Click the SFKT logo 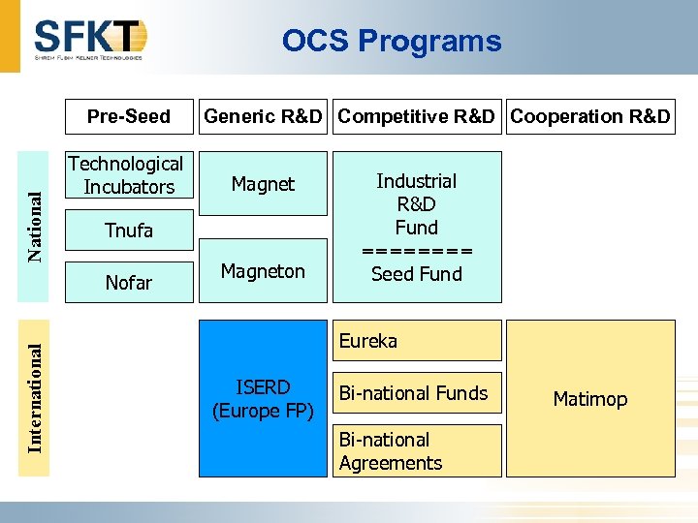click(x=89, y=39)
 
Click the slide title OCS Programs click(x=392, y=41)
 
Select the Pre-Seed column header click(x=128, y=116)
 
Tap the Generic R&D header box click(x=263, y=116)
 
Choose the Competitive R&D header click(x=417, y=116)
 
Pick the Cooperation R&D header click(x=589, y=116)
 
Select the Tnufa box click(x=128, y=231)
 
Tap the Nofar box click(x=128, y=282)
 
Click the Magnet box click(x=263, y=183)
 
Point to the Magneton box click(x=263, y=271)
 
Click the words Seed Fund click(x=417, y=274)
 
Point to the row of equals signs click(x=417, y=251)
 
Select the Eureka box click(x=417, y=341)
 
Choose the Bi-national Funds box click(x=417, y=393)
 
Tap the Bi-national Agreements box click(x=417, y=451)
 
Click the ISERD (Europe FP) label click(x=263, y=399)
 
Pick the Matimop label click(x=589, y=399)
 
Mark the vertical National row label click(x=35, y=226)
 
